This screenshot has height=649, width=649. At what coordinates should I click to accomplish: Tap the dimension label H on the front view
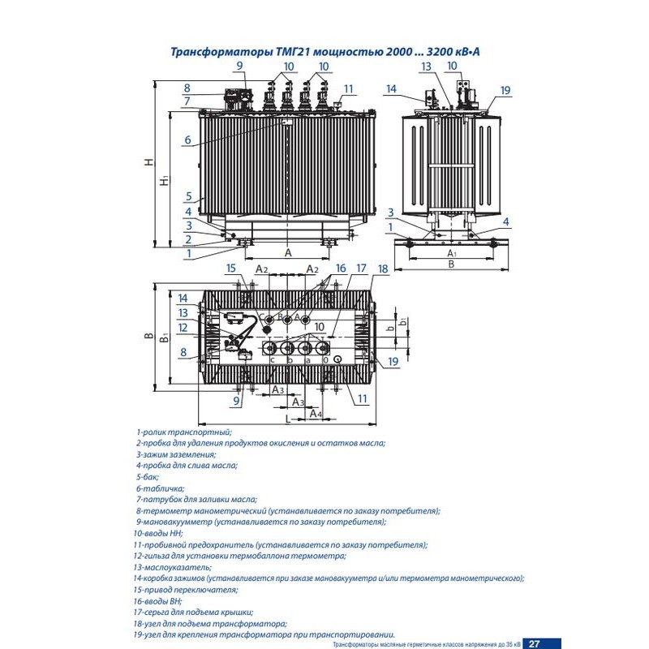click(149, 161)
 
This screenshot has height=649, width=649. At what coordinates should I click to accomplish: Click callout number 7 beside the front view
click(187, 101)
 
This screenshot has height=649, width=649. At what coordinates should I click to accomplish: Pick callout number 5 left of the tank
click(187, 196)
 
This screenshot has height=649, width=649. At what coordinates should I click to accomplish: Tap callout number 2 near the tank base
click(187, 239)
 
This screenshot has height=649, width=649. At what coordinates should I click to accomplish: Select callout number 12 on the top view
click(183, 328)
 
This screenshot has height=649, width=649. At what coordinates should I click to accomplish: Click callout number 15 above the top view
click(230, 268)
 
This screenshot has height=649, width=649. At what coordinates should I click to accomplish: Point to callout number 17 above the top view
click(361, 268)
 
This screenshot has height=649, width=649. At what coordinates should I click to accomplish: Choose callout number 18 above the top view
click(383, 268)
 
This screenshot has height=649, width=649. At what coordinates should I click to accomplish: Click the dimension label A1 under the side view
click(453, 254)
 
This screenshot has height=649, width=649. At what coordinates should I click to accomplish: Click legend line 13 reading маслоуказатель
click(181, 567)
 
